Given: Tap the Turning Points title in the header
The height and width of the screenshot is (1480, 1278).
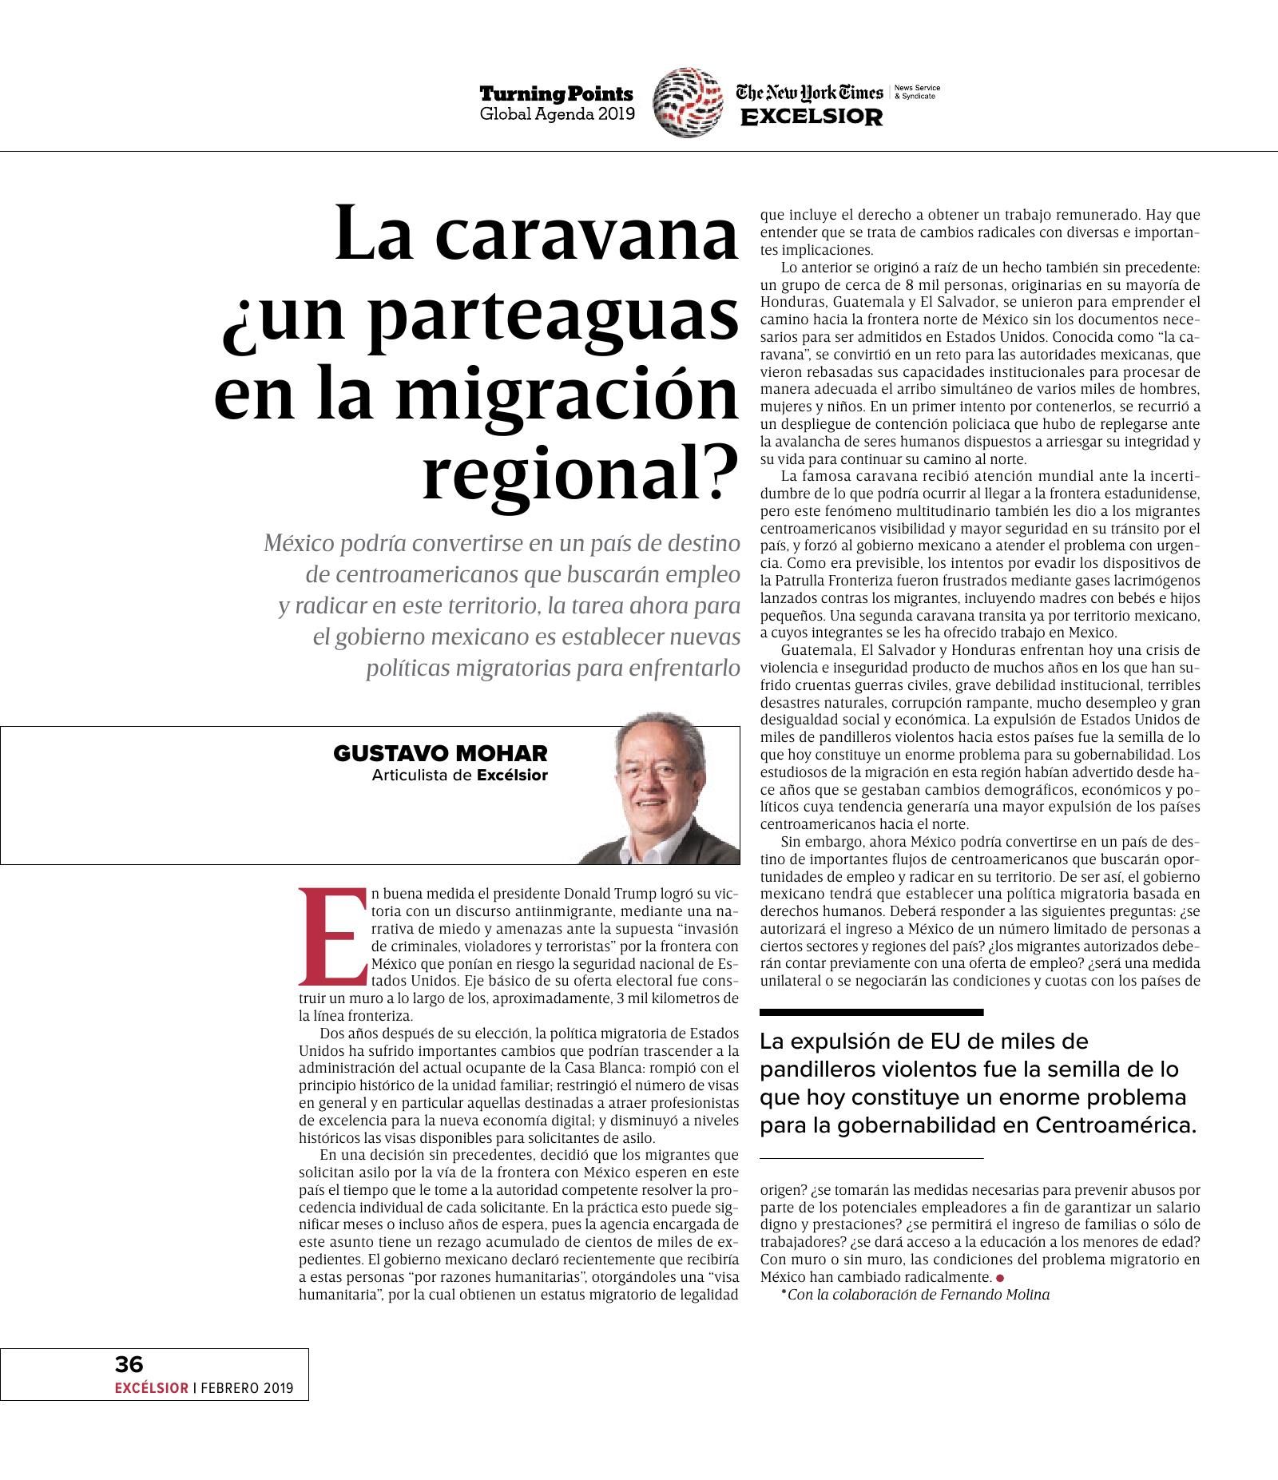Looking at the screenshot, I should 556,94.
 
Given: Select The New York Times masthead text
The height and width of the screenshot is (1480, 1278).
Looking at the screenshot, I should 809,93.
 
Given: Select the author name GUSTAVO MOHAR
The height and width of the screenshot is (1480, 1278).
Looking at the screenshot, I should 440,753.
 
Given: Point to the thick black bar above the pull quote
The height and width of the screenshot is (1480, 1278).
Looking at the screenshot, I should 871,1012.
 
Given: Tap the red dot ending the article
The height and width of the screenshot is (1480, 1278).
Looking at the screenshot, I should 1000,1277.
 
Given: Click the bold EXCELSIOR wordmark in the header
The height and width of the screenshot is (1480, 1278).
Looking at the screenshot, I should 812,117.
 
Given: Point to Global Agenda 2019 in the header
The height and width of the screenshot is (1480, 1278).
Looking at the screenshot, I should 557,114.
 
